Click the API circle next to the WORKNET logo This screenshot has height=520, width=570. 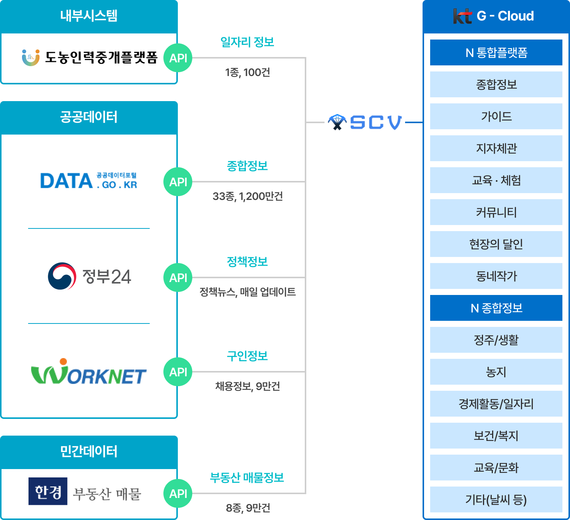(178, 372)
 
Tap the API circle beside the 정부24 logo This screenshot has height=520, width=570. (178, 277)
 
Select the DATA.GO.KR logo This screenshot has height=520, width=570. (89, 182)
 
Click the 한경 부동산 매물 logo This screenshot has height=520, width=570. (86, 493)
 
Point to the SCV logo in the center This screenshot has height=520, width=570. (365, 122)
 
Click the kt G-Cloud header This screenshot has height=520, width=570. (496, 16)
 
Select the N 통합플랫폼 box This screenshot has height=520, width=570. (496, 52)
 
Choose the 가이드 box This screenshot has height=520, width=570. (496, 116)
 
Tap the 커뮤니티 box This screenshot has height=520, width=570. (496, 212)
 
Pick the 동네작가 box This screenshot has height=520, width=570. (496, 276)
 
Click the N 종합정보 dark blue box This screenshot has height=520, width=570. (496, 308)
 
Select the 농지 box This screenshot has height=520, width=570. (496, 372)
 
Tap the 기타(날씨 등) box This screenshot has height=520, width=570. (496, 499)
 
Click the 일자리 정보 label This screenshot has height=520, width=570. (247, 42)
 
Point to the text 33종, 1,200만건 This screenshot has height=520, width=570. (248, 196)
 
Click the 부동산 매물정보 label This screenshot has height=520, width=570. (247, 477)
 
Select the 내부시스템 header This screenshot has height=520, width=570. (89, 16)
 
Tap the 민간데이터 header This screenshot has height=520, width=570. (89, 452)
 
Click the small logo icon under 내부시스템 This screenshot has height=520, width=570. (31, 57)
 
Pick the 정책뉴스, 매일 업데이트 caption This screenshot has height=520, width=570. (248, 292)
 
